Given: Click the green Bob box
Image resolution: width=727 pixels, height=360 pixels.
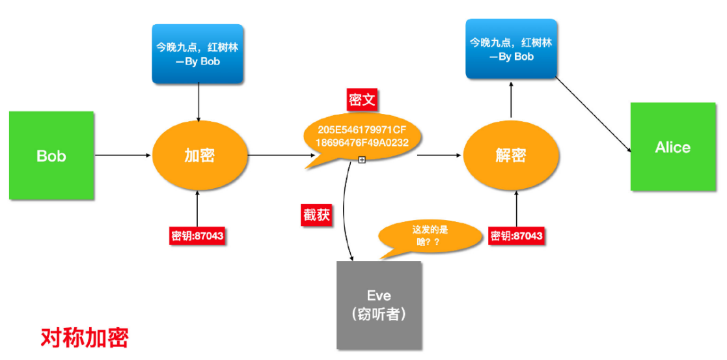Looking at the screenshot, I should point(51,156).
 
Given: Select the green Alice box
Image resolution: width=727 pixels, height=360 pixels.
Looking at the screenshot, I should point(672,147).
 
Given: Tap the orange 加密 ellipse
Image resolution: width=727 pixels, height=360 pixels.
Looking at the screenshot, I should point(200,156).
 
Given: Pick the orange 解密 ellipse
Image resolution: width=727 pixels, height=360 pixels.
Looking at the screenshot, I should point(510,156).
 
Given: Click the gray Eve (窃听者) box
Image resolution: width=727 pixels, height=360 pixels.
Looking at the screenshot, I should point(379,305).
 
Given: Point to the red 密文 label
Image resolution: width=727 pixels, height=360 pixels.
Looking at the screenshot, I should point(362,100).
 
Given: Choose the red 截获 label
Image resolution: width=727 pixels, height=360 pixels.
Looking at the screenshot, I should point(316,214).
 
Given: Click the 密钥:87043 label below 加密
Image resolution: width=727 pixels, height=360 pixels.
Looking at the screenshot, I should point(197,236).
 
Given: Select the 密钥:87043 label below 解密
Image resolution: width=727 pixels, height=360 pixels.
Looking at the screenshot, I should point(516,236).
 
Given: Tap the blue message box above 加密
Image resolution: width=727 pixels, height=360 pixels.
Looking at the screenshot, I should point(198,54).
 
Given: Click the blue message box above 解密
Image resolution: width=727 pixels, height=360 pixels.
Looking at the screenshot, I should point(511,49).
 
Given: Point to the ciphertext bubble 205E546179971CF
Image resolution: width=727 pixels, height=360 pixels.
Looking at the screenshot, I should point(362,136).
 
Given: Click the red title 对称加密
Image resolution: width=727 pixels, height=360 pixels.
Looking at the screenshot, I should point(85,337).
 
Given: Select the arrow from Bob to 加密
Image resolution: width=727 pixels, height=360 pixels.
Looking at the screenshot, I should point(124,156).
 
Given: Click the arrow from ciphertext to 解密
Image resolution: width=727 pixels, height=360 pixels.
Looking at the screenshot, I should point(439,156).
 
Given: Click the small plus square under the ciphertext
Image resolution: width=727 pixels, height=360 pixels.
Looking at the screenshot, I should point(362,160).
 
